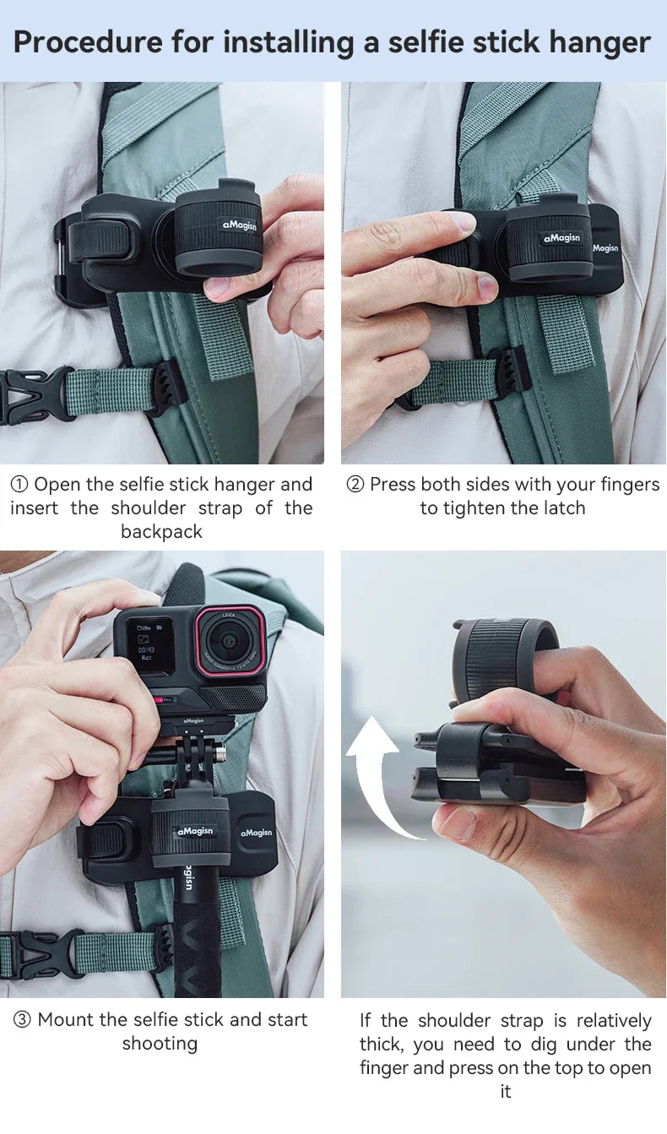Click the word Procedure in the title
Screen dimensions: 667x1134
[x=88, y=42]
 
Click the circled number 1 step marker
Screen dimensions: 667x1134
[x=19, y=485]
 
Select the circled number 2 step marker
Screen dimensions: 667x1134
[x=355, y=485]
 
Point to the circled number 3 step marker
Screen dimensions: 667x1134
[x=22, y=1020]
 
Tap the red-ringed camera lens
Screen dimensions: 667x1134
[x=230, y=641]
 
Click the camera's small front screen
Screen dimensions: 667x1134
[x=149, y=643]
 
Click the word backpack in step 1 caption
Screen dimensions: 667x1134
[x=161, y=532]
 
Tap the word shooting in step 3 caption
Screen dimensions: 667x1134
[x=160, y=1044]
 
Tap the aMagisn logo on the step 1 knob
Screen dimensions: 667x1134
[x=240, y=225]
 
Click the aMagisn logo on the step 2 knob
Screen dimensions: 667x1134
[x=561, y=238]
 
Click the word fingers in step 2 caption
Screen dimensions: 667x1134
[x=630, y=485]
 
